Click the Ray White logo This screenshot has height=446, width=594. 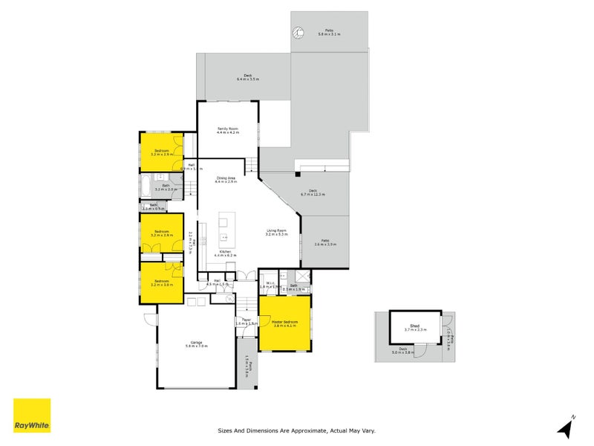click(32, 416)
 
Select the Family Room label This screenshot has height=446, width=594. click(228, 130)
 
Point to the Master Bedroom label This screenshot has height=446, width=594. click(284, 323)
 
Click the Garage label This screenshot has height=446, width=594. click(195, 343)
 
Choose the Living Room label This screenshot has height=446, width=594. click(277, 232)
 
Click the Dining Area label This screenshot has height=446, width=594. click(226, 179)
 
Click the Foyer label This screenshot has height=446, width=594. click(247, 322)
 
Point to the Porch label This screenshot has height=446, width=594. click(249, 366)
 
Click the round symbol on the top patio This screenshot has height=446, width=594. click(298, 32)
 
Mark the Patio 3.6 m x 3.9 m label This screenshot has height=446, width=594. click(324, 242)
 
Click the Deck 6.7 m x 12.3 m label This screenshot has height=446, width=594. click(313, 193)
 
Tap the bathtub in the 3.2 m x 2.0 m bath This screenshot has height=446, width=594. click(148, 187)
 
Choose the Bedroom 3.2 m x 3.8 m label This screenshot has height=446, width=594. click(161, 283)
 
